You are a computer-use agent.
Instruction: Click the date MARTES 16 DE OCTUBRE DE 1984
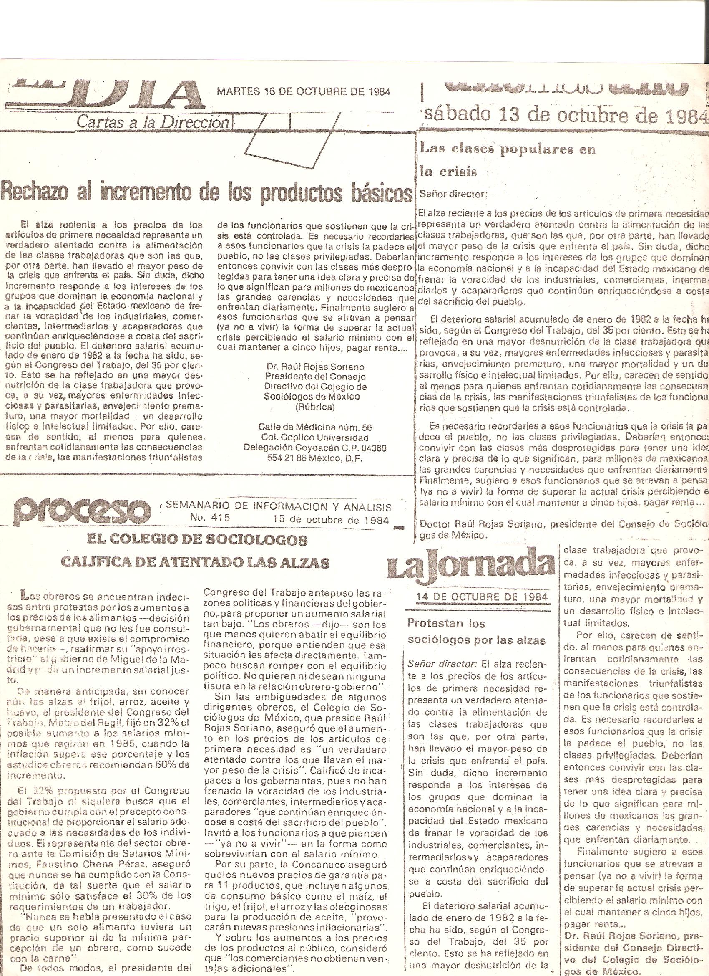304,92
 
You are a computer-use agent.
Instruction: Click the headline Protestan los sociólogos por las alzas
476,632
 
